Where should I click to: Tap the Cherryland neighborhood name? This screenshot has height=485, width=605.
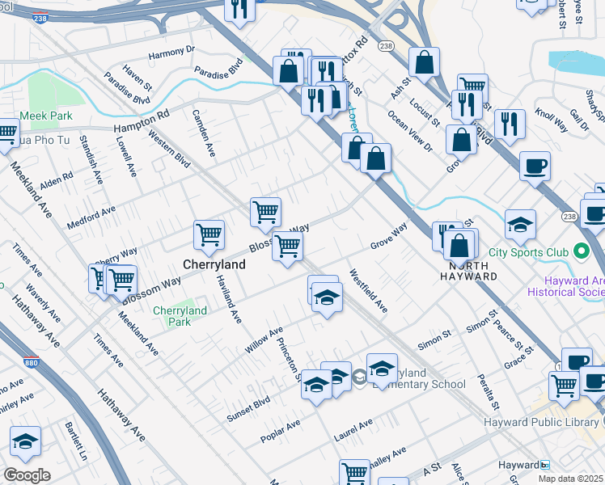click(214, 264)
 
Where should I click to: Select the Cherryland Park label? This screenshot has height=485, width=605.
click(180, 316)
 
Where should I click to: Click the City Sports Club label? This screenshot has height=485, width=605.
click(530, 249)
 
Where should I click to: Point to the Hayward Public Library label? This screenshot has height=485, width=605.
click(539, 423)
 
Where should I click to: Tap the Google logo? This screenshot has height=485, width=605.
click(26, 475)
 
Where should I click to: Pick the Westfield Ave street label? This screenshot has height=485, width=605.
click(368, 291)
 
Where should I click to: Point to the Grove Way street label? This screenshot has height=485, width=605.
click(388, 236)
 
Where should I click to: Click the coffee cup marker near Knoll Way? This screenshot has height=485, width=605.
click(535, 167)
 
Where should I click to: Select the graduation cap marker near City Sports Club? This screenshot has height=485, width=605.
click(520, 224)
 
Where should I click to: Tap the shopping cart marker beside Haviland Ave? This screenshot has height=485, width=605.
click(209, 234)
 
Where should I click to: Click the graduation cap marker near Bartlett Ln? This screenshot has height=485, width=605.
click(25, 441)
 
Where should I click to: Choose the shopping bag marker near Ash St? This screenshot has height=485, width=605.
click(424, 61)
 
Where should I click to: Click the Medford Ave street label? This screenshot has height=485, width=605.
click(91, 217)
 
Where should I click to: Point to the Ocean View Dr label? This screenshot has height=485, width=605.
click(410, 131)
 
